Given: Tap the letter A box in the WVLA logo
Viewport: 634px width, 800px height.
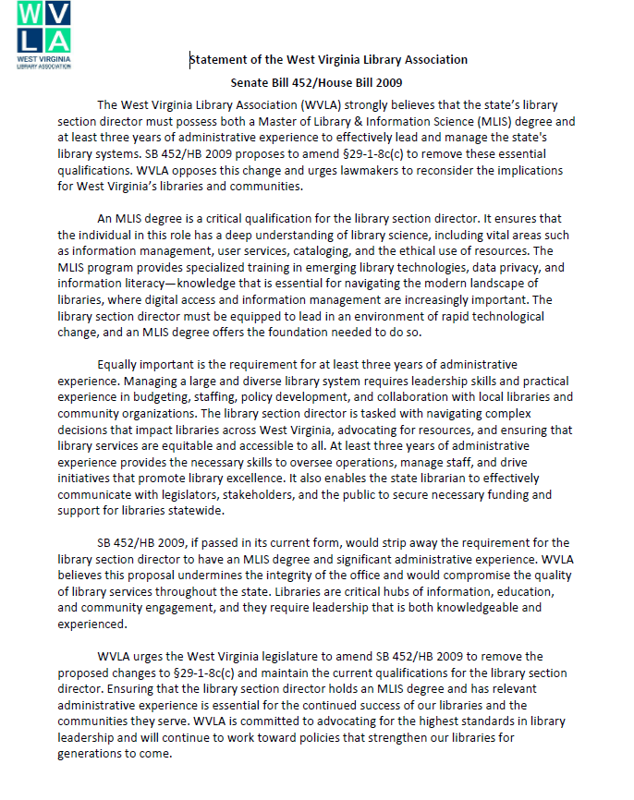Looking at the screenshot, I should point(57,39).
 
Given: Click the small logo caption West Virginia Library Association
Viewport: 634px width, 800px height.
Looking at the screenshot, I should point(43,63).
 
